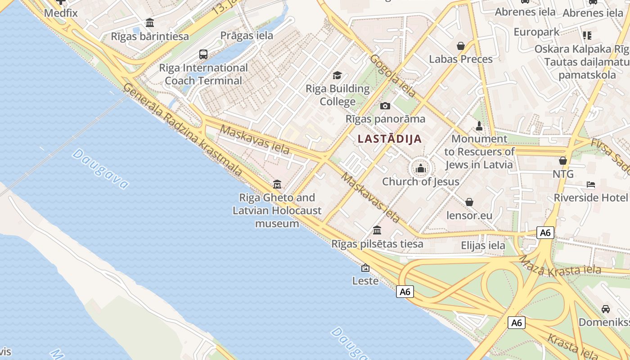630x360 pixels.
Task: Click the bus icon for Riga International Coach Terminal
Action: (203, 54)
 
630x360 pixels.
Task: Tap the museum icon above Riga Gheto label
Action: (277, 184)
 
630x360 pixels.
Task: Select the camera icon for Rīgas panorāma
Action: (385, 106)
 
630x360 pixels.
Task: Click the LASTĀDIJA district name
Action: (390, 139)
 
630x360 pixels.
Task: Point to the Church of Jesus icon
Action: (421, 169)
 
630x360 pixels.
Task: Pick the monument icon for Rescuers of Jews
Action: (479, 126)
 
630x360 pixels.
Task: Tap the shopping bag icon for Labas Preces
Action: (461, 46)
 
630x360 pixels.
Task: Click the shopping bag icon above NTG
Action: (562, 161)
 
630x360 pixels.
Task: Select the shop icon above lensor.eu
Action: (469, 202)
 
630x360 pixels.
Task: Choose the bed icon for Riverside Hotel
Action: (591, 184)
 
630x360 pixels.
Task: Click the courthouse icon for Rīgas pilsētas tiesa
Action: (377, 230)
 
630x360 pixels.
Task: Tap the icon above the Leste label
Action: (365, 268)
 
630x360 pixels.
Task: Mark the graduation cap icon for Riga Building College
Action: (337, 75)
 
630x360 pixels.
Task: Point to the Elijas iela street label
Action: (483, 246)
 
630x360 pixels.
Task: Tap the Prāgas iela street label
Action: (247, 36)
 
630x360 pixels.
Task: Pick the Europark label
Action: (536, 32)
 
